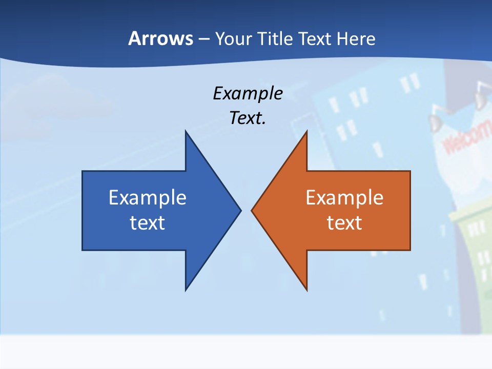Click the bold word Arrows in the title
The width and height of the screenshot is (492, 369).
[160, 39]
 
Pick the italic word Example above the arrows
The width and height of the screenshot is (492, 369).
[248, 94]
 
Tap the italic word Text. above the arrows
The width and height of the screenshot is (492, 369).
[248, 118]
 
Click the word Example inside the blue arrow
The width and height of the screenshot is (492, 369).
[148, 198]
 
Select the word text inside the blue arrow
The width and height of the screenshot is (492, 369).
[148, 223]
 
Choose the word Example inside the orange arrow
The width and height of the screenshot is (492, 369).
[344, 198]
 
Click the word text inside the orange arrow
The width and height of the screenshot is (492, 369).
[344, 223]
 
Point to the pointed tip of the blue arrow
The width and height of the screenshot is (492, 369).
[240, 210]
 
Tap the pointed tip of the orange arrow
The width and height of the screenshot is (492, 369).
[252, 210]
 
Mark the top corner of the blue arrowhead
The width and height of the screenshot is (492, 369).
[186, 132]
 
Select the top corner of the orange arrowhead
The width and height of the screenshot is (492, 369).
[306, 132]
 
